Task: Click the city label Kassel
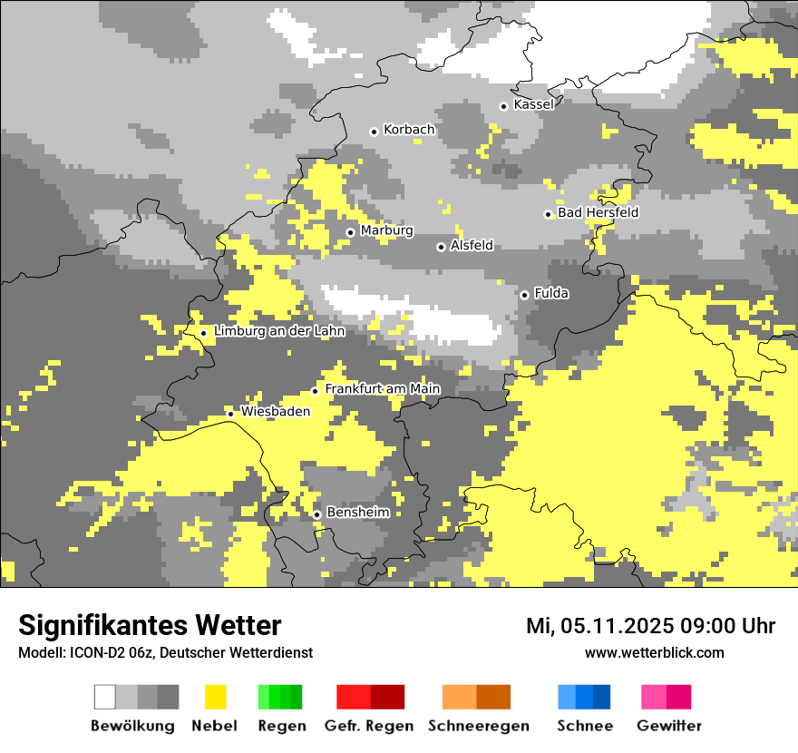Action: [533, 104]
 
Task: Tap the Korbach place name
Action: [409, 130]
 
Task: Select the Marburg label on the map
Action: [386, 230]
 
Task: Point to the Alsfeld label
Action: [472, 245]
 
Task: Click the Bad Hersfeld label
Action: [598, 212]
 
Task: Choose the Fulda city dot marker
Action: [524, 295]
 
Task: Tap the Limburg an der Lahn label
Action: [279, 331]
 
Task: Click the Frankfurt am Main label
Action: [382, 389]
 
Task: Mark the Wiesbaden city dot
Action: [230, 414]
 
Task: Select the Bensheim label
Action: [357, 512]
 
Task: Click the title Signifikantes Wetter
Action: [150, 625]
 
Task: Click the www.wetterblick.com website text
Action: [654, 652]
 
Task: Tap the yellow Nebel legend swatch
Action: [215, 697]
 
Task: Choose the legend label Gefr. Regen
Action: [369, 726]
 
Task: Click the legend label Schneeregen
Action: [479, 726]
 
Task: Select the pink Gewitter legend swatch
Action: [654, 697]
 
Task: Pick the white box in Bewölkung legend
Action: [105, 697]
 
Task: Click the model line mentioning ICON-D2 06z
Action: [165, 652]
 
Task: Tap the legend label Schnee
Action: [585, 726]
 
